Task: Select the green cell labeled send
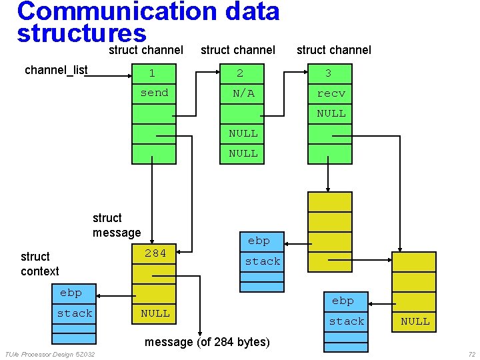point(154,93)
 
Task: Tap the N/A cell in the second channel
point(243,93)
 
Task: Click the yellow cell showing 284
point(154,253)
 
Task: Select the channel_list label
point(56,70)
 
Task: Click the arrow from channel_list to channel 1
point(110,75)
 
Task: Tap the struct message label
point(117,225)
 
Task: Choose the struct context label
point(39,264)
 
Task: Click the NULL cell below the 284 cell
point(154,313)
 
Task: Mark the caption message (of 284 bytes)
point(207,342)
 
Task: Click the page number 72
point(471,354)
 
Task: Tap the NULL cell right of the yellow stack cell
point(414,321)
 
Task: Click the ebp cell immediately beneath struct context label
point(75,293)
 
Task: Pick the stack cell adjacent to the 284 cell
point(261,261)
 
